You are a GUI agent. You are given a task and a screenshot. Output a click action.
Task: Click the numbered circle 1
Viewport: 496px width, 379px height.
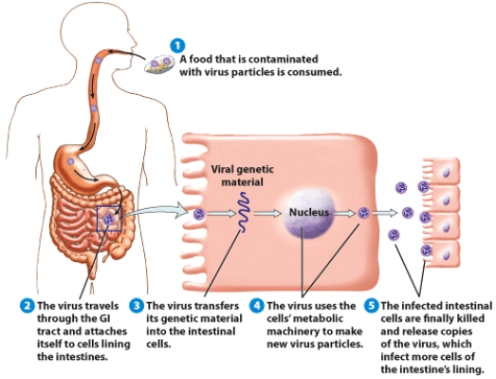175,44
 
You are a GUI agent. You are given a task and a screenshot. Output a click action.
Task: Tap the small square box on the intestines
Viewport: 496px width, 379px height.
108,218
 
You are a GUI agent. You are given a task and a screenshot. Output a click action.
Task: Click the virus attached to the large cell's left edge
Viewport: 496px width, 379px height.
199,215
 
